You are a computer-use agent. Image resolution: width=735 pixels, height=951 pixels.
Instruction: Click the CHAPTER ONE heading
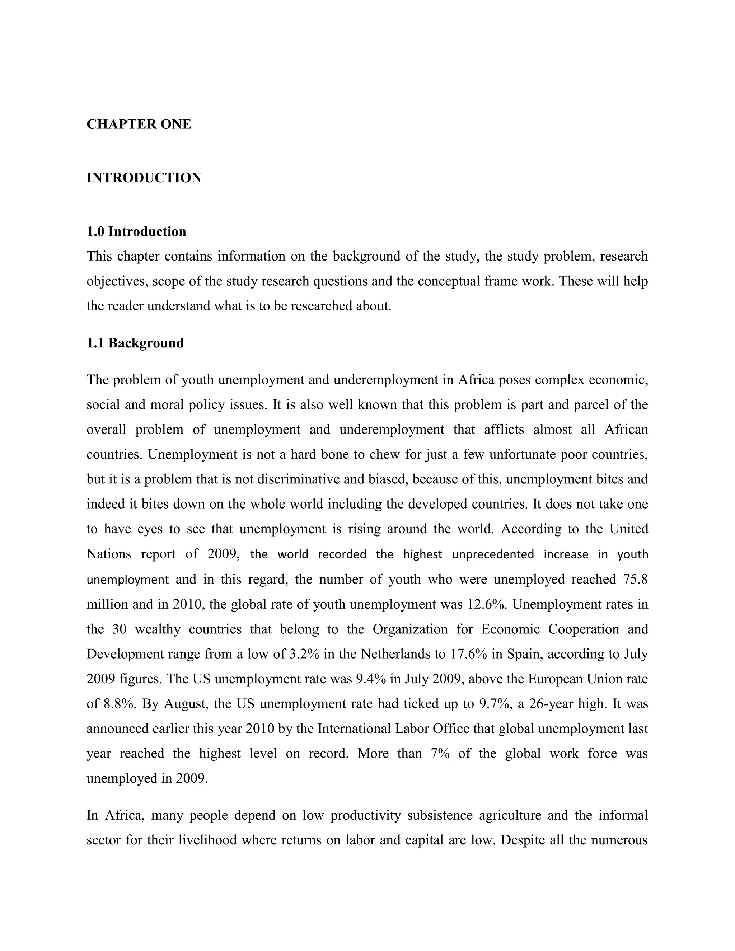point(139,125)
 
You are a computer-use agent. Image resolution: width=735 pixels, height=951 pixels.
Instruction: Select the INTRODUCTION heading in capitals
point(144,178)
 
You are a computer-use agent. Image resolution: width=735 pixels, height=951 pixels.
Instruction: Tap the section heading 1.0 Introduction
point(136,232)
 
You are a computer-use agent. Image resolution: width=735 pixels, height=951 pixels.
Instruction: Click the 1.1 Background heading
point(135,343)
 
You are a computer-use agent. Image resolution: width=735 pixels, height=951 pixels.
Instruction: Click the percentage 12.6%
point(486,604)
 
